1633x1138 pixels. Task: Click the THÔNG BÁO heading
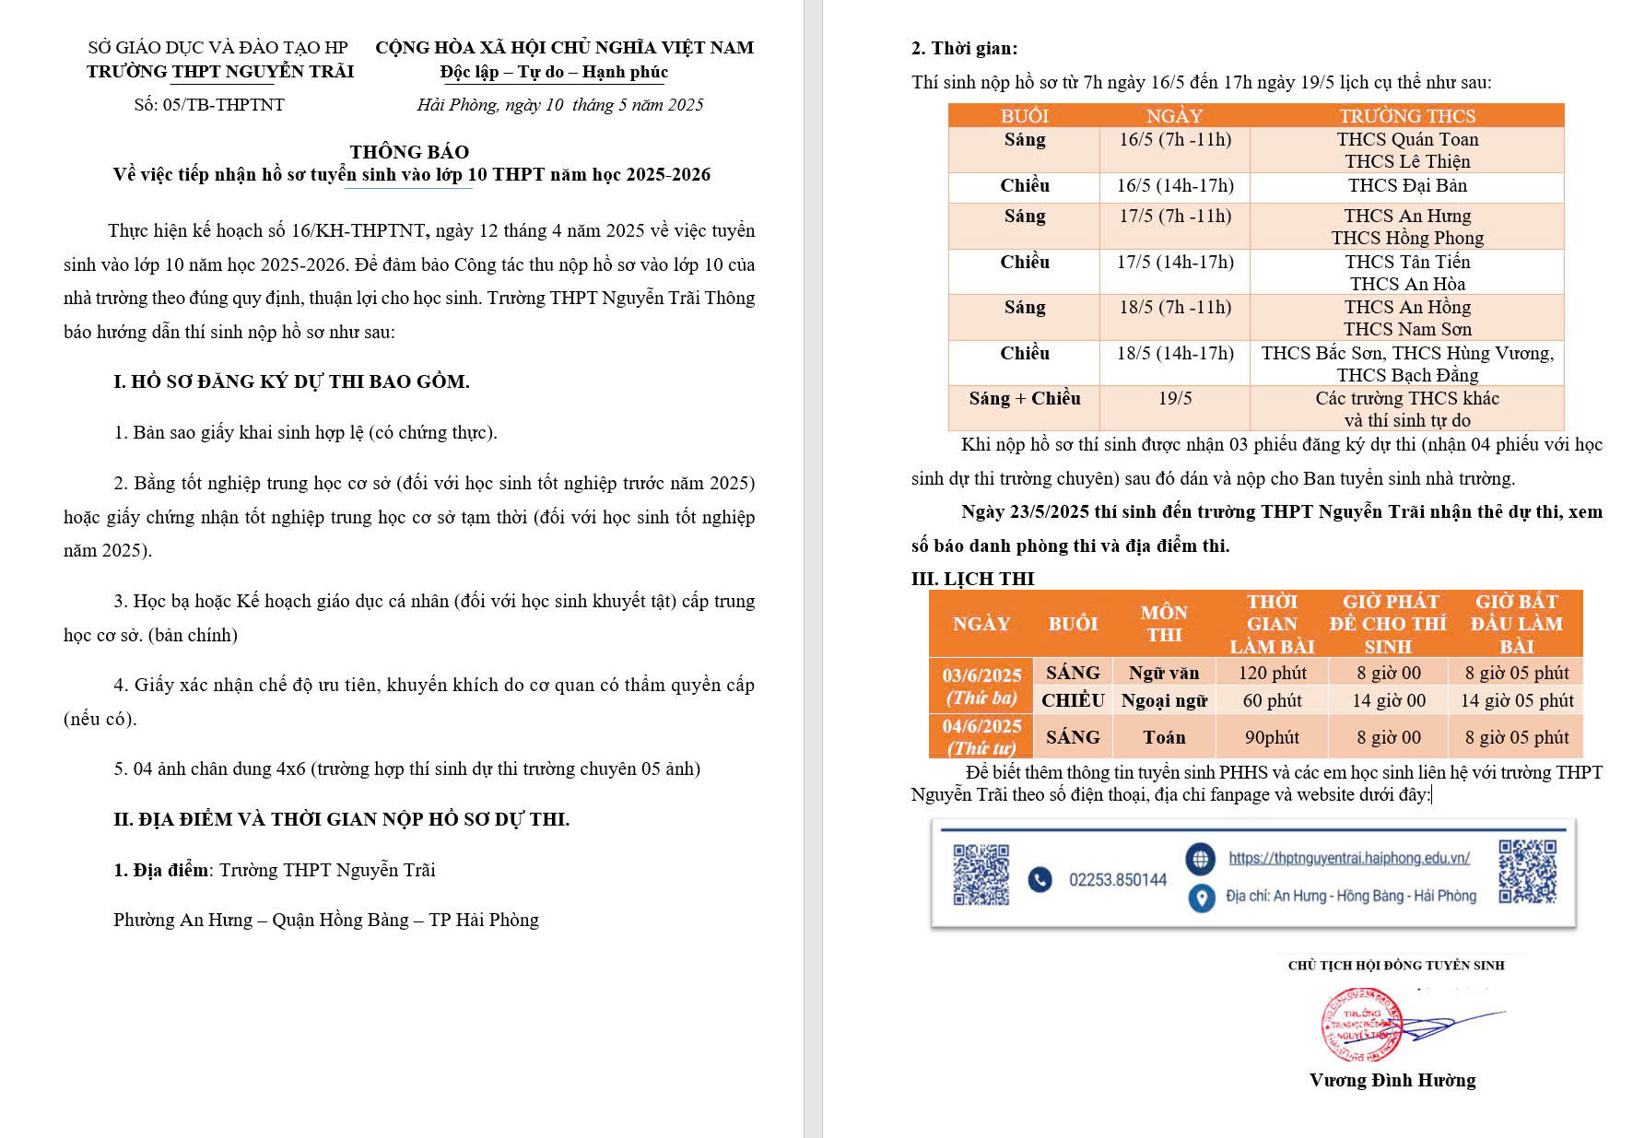[409, 152]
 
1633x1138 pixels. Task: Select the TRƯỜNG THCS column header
[1406, 116]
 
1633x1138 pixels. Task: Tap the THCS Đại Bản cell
[1406, 186]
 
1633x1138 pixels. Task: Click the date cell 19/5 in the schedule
[1174, 399]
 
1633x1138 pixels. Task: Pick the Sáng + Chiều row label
[1024, 399]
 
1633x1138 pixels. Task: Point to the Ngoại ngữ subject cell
[1164, 700]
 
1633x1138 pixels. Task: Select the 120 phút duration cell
[1272, 674]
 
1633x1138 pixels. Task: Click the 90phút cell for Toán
[1272, 737]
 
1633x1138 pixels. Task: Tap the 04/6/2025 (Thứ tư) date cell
[981, 737]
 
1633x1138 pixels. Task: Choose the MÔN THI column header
[1164, 624]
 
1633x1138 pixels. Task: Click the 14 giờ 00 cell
[1388, 700]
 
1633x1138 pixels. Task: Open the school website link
[1348, 859]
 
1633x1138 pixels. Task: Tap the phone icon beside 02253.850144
[1040, 880]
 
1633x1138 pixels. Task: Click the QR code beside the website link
[1527, 871]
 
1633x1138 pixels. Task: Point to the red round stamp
[1362, 1024]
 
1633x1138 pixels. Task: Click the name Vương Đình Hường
[1392, 1081]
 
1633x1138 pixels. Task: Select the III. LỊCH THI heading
[972, 579]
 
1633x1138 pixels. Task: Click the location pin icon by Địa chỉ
[1201, 897]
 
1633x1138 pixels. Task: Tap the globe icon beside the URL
[1200, 859]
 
